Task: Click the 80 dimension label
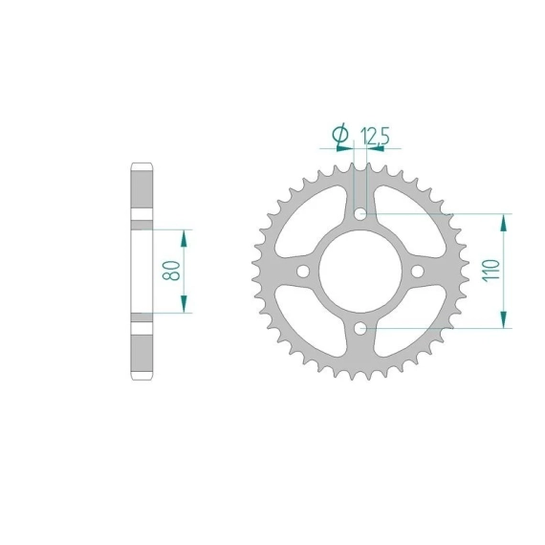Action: (172, 272)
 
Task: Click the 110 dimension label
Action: (490, 271)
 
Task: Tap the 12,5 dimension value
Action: (376, 136)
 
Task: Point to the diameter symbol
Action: (340, 134)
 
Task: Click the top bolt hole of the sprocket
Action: (360, 214)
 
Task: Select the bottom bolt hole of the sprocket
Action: (360, 328)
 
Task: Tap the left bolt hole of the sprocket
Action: (303, 272)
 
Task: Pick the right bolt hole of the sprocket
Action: (418, 272)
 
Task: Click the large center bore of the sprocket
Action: (360, 272)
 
